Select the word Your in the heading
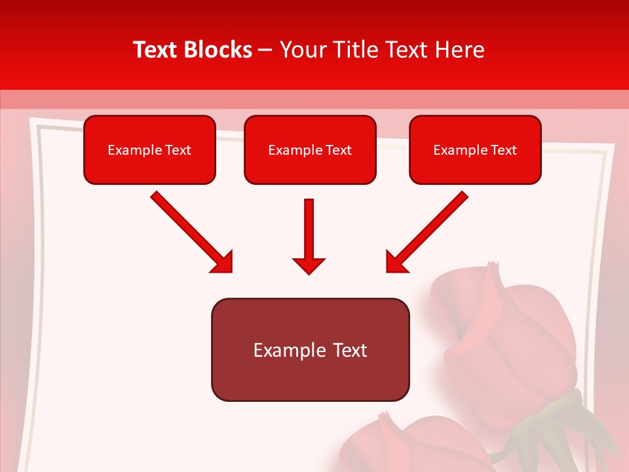(299, 50)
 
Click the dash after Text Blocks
(265, 50)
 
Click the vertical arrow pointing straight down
(309, 233)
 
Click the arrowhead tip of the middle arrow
(309, 272)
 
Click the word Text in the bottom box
(351, 350)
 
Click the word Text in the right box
(504, 150)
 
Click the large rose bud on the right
(511, 341)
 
